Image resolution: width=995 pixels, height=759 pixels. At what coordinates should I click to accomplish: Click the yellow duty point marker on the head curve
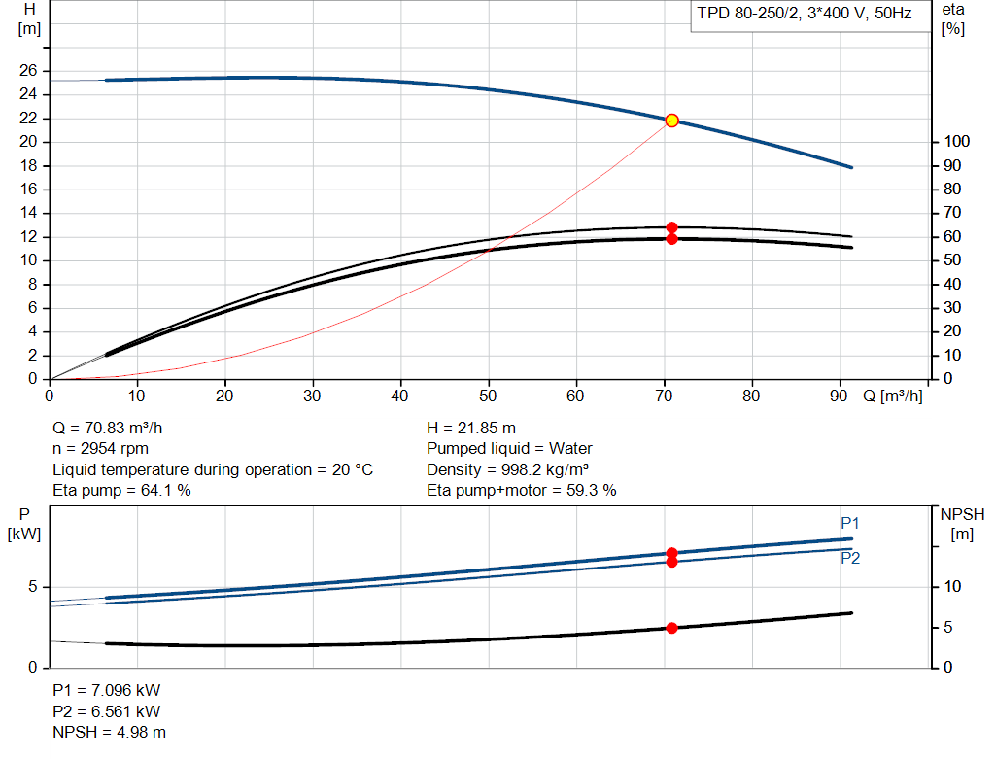(672, 121)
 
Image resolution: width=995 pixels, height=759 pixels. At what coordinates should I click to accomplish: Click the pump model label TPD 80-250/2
(748, 14)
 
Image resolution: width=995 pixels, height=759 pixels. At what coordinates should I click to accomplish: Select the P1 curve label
(849, 523)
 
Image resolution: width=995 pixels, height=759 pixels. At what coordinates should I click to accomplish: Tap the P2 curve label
(850, 558)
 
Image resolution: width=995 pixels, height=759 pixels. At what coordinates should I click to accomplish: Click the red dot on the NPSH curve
(672, 628)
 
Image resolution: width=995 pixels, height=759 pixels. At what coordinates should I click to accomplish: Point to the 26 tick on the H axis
(28, 70)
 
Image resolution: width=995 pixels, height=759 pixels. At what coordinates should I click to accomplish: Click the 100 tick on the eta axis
(957, 142)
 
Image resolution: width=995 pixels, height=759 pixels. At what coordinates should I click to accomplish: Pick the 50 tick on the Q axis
(488, 396)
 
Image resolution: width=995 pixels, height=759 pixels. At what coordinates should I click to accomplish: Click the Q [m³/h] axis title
(892, 396)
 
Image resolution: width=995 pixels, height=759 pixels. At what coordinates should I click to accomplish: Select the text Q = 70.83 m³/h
(107, 429)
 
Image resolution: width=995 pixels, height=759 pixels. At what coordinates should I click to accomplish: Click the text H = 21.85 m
(471, 429)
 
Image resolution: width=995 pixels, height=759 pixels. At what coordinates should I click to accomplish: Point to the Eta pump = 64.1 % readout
(121, 490)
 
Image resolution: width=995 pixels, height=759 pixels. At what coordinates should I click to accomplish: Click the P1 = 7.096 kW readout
(107, 690)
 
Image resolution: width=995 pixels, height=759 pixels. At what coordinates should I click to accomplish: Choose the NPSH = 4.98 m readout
(109, 732)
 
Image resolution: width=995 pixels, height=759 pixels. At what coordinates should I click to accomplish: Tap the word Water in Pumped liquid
(570, 449)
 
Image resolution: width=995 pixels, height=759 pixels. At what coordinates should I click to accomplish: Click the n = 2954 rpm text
(100, 449)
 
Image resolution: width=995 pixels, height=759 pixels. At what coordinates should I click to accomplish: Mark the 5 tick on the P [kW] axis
(32, 586)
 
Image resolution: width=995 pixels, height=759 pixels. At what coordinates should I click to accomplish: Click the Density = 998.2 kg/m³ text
(507, 469)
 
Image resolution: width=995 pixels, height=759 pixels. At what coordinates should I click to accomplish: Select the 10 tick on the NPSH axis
(952, 586)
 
